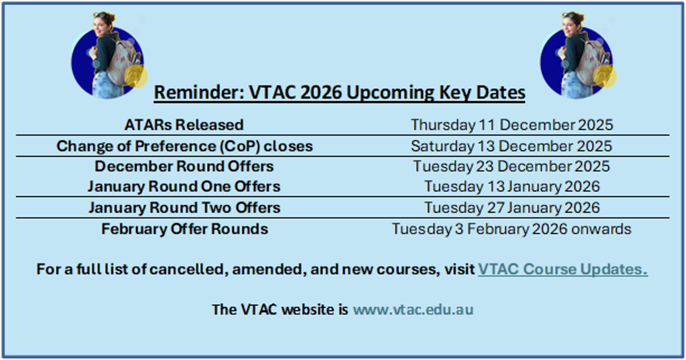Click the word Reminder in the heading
[x=199, y=92]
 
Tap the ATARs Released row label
[x=184, y=125]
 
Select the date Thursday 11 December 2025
[x=512, y=125]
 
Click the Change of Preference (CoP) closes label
[x=185, y=146]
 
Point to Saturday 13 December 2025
[x=512, y=146]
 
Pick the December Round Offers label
[x=184, y=166]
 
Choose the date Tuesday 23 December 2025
[x=512, y=167]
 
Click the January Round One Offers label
[x=184, y=187]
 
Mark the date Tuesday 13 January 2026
[x=512, y=187]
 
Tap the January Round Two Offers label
[x=185, y=208]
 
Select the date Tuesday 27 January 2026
[x=512, y=208]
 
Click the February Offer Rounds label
[x=185, y=229]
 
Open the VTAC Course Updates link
[x=563, y=269]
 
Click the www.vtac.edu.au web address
[x=413, y=310]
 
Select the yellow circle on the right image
[x=605, y=76]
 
